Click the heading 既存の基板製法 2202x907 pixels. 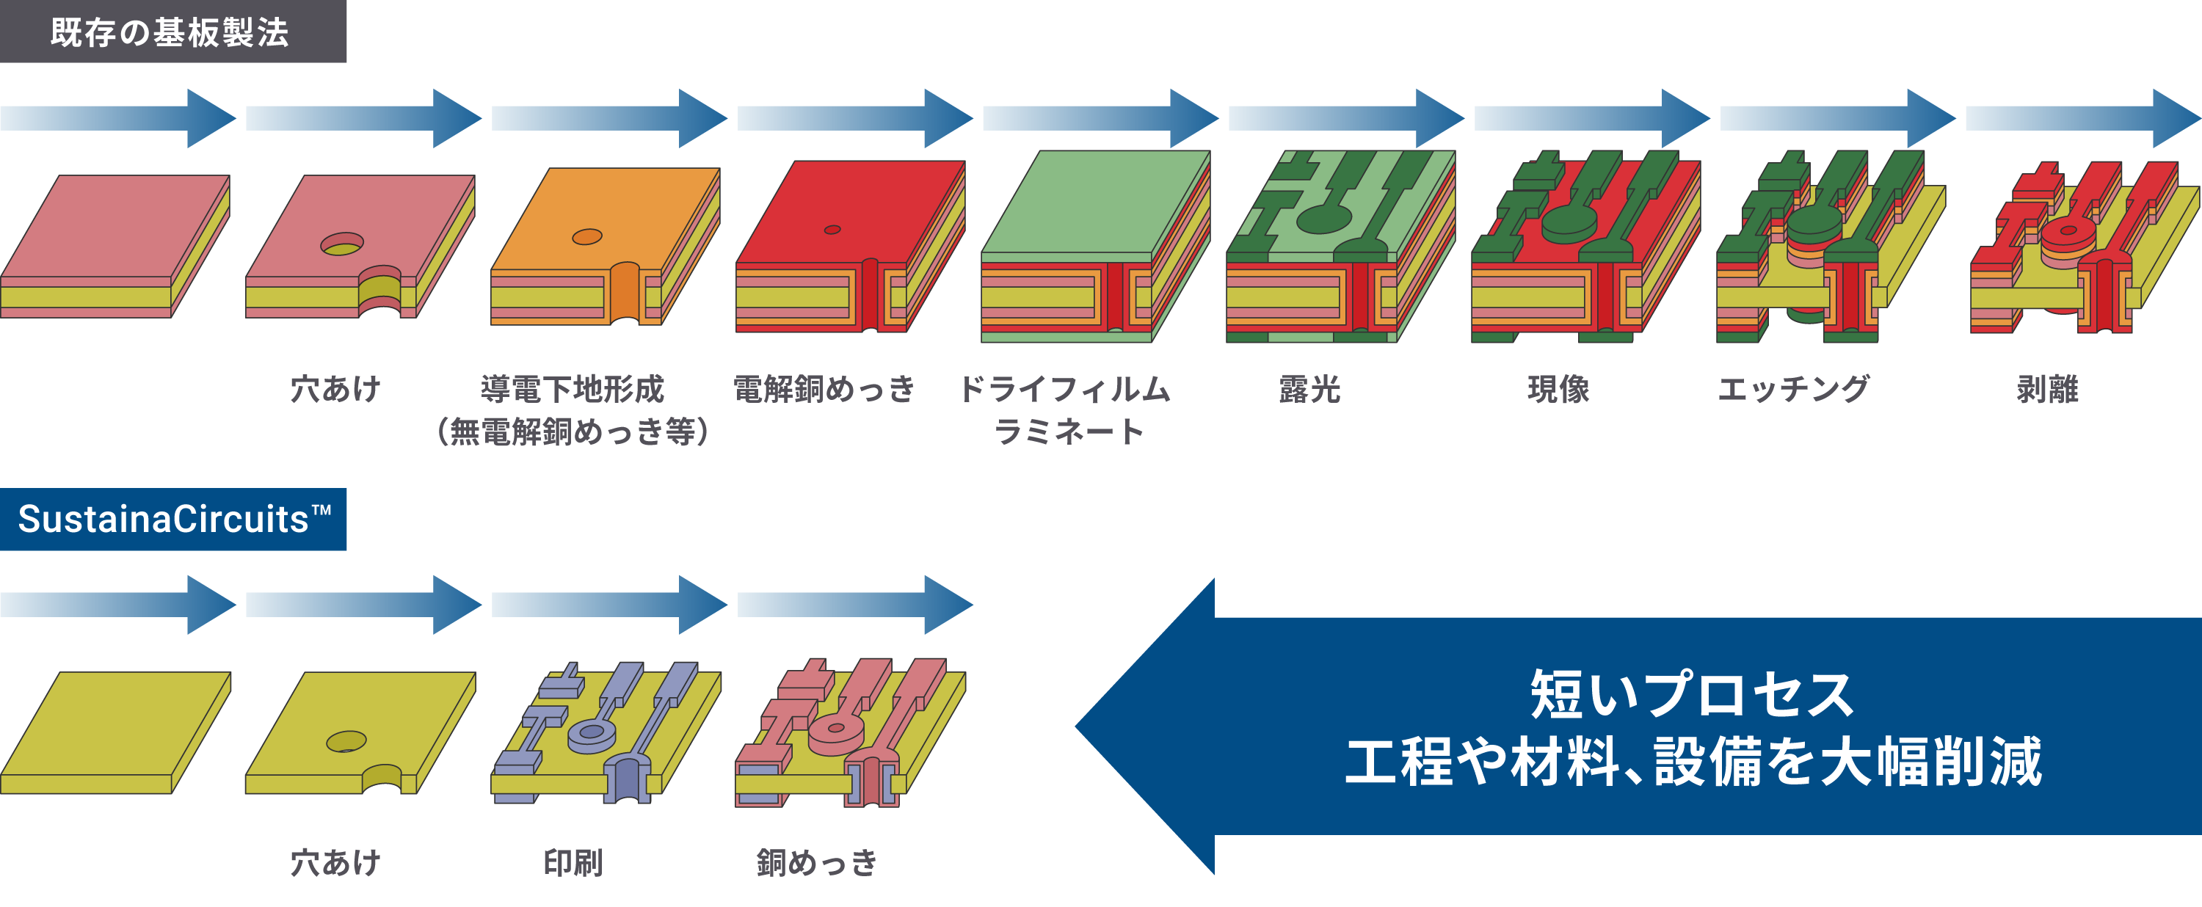pyautogui.click(x=170, y=32)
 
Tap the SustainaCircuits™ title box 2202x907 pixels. pyautogui.click(x=173, y=519)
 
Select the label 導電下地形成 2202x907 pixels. pyautogui.click(x=572, y=390)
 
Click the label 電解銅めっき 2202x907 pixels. pyautogui.click(x=824, y=390)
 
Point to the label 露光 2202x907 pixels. pyautogui.click(x=1309, y=390)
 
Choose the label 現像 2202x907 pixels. pyautogui.click(x=1558, y=390)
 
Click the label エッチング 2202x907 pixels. pyautogui.click(x=1793, y=390)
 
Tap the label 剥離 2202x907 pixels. pyautogui.click(x=2047, y=390)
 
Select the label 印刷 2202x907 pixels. pyautogui.click(x=573, y=862)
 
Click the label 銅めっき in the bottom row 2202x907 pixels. pyautogui.click(x=816, y=862)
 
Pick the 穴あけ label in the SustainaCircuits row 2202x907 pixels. pyautogui.click(x=335, y=862)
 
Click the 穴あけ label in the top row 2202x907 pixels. pyautogui.click(x=335, y=390)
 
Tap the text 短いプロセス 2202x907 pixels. pyautogui.click(x=1692, y=694)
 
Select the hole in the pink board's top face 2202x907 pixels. pyautogui.click(x=342, y=244)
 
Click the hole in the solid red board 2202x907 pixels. pyautogui.click(x=832, y=229)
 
